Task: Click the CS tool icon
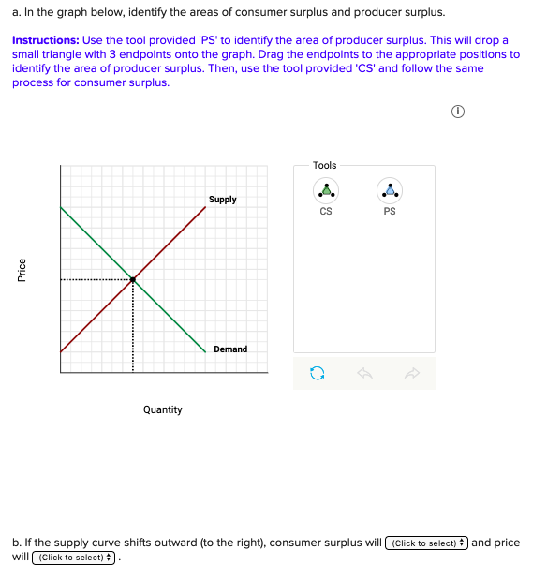325,190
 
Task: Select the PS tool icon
390,190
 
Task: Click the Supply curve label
222,200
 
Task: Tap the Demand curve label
230,349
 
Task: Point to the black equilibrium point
133,279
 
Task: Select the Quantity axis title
163,409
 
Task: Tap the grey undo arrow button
364,374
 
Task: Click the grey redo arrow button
411,374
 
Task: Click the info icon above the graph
458,112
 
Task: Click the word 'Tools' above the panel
325,165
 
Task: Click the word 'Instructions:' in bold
46,41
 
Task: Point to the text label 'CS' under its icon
325,211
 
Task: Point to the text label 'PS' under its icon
390,211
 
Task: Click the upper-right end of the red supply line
205,207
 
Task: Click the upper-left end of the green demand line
62,207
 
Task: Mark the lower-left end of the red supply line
62,351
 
